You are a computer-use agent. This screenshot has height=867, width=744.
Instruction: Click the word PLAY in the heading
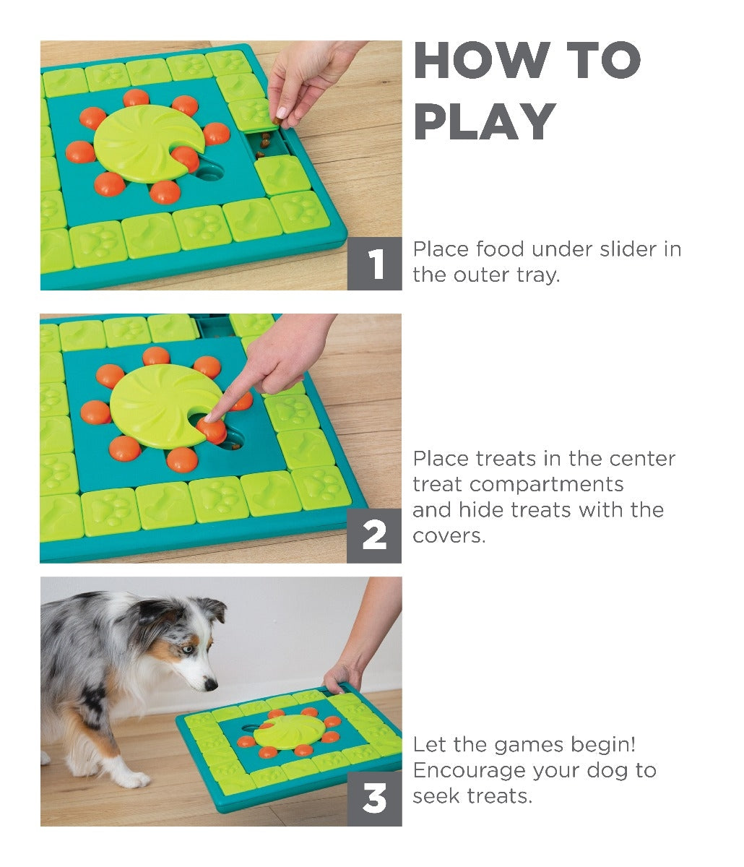pyautogui.click(x=485, y=121)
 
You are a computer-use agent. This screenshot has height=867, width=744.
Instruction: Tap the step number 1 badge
pyautogui.click(x=374, y=264)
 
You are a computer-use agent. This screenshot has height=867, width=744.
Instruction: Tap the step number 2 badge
pyautogui.click(x=374, y=535)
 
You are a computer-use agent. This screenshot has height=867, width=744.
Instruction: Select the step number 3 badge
pyautogui.click(x=374, y=798)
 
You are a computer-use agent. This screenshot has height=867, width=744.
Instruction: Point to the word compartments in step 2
pyautogui.click(x=546, y=485)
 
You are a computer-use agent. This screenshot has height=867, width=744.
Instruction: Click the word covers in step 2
pyautogui.click(x=449, y=536)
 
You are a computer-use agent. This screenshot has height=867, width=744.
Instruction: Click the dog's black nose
pyautogui.click(x=210, y=685)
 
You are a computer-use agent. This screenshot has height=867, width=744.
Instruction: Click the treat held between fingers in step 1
pyautogui.click(x=277, y=121)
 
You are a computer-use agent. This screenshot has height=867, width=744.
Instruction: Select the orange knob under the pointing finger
pyautogui.click(x=212, y=429)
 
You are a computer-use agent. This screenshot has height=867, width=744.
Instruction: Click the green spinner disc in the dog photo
pyautogui.click(x=288, y=731)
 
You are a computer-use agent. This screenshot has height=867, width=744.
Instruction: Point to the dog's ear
pyautogui.click(x=211, y=608)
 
